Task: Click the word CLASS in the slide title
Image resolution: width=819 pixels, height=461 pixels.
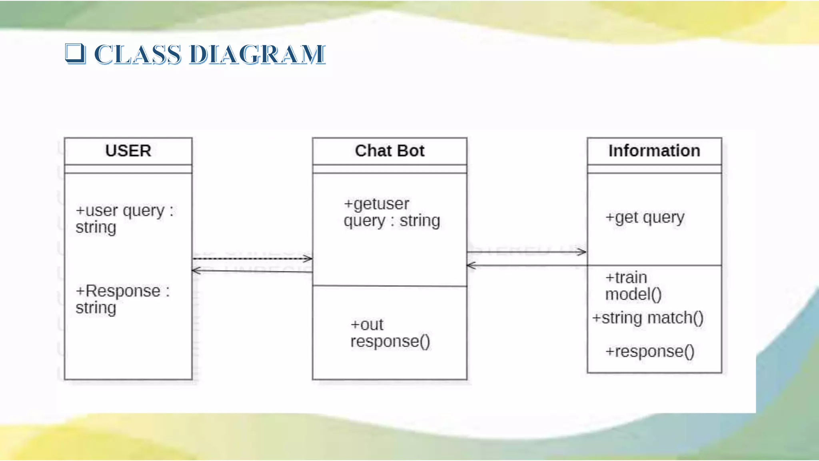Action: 137,54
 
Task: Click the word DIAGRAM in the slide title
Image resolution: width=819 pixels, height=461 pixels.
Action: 257,54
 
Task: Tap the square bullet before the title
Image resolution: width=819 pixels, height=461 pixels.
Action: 75,53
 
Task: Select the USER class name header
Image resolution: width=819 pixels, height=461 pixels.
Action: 128,151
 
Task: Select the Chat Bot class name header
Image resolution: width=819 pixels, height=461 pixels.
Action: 390,151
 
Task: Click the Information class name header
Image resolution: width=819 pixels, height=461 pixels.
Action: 654,151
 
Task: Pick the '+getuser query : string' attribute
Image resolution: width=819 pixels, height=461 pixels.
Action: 392,212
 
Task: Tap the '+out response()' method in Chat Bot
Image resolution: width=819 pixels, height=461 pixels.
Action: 390,333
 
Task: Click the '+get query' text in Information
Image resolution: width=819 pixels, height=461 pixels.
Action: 645,217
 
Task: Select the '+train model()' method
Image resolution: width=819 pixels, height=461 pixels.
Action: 633,286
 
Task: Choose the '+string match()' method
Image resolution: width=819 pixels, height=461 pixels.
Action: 648,318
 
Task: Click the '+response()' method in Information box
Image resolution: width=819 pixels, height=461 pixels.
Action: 650,351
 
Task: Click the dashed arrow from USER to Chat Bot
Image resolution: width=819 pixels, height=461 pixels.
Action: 252,259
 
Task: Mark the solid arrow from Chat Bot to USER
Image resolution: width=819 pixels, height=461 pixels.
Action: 252,271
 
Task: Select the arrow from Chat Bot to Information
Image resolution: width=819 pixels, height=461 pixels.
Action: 526,252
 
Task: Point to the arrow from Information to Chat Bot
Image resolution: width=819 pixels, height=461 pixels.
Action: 526,265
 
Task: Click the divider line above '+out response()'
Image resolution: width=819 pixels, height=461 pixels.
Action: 390,286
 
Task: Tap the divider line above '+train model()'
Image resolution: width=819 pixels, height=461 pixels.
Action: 654,265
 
